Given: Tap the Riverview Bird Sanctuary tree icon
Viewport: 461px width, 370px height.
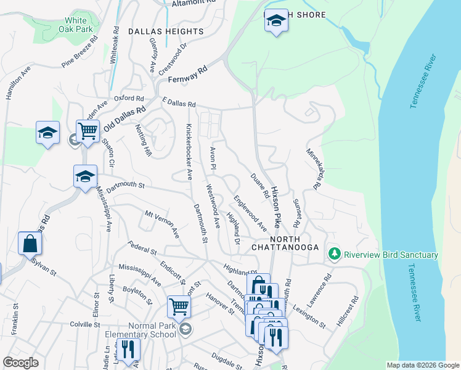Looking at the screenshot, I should (x=335, y=254).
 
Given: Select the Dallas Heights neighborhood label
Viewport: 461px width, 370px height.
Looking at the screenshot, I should (x=166, y=31).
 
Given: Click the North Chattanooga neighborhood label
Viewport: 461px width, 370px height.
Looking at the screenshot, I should (x=285, y=243).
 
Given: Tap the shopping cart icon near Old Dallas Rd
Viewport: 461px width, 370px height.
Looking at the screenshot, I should (x=88, y=131).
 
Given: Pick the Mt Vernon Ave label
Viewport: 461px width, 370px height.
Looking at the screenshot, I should (x=161, y=224).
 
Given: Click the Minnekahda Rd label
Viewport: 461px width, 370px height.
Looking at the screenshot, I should (x=314, y=168).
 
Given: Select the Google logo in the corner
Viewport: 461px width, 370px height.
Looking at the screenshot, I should (x=20, y=362).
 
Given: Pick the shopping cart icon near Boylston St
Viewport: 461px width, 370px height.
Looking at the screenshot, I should (x=179, y=305).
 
